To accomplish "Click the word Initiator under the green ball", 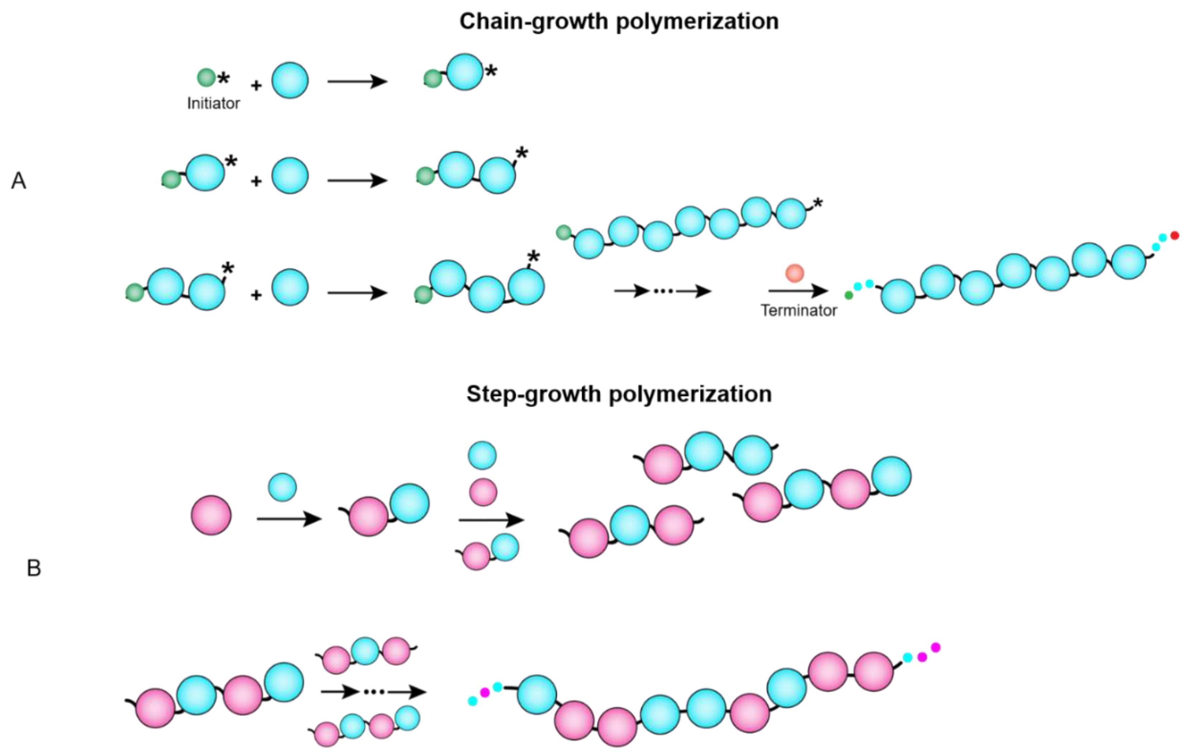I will point(213,103).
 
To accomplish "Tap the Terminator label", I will point(798,311).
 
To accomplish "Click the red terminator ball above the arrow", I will point(794,272).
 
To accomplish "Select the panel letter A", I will point(19,181).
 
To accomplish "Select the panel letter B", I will point(34,568).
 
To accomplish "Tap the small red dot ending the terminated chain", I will point(1175,235).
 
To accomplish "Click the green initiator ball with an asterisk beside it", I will point(206,78).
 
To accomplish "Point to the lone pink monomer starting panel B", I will point(211,515).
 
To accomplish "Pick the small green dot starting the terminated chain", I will point(849,295).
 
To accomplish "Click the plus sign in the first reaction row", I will point(256,86).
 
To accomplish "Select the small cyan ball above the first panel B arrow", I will point(283,487).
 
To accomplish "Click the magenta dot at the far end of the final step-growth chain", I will point(935,647).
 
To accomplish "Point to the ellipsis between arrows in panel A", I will point(663,291).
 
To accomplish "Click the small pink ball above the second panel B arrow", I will point(482,492).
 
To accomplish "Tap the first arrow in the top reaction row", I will point(356,81).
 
